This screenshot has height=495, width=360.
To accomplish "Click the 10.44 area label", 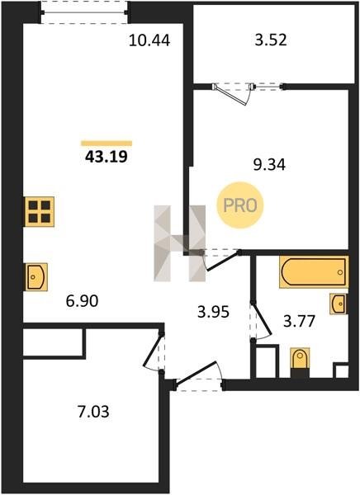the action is pyautogui.click(x=149, y=40).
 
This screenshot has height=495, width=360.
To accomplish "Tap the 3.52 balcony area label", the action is pyautogui.click(x=271, y=40).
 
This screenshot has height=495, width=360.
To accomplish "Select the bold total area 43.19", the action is pyautogui.click(x=107, y=156).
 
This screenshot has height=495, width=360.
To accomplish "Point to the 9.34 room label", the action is pyautogui.click(x=270, y=164).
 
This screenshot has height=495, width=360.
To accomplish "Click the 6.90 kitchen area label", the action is pyautogui.click(x=83, y=301).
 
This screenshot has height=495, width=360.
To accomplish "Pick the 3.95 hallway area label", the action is pyautogui.click(x=213, y=312).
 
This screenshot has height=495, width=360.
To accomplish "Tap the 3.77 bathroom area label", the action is pyautogui.click(x=300, y=322).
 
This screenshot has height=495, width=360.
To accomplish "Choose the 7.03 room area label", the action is pyautogui.click(x=93, y=412).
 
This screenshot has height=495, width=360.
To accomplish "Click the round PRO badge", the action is pyautogui.click(x=240, y=205).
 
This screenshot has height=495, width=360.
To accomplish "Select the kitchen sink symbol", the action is pyautogui.click(x=36, y=277).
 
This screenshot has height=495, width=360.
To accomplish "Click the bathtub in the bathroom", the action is pyautogui.click(x=314, y=271).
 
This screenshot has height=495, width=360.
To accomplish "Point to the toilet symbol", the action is pyautogui.click(x=300, y=362).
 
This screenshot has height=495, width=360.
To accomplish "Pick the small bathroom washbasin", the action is pyautogui.click(x=339, y=304).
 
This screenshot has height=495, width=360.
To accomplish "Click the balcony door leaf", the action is pyautogui.click(x=231, y=95).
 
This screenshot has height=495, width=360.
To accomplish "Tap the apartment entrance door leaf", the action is pyautogui.click(x=197, y=373).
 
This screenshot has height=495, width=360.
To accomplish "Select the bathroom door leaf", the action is pyautogui.click(x=262, y=318).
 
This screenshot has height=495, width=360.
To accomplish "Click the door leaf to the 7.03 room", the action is pyautogui.click(x=153, y=350).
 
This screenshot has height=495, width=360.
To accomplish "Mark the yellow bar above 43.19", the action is pyautogui.click(x=107, y=144).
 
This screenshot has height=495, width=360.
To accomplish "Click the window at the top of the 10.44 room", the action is pyautogui.click(x=84, y=12).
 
